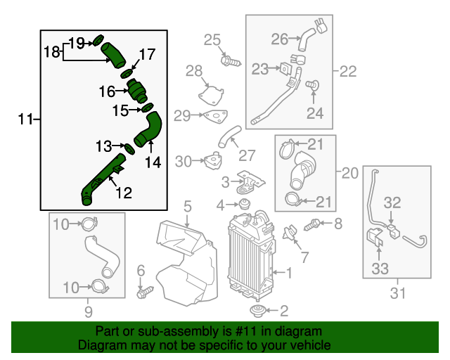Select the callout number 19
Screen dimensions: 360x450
coord(76,42)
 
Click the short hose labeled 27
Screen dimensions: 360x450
coord(229,136)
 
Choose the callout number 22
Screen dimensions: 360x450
coord(348,71)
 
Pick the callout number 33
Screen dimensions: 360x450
coord(380,268)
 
